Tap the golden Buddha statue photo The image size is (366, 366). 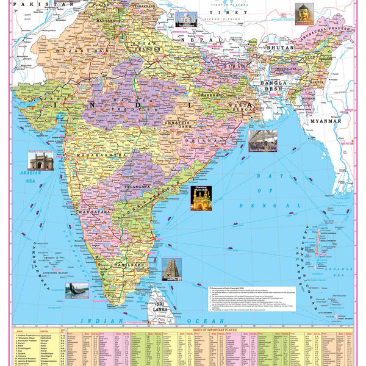[303, 12]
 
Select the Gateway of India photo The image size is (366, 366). [40, 160]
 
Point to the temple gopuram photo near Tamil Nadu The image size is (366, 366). [171, 269]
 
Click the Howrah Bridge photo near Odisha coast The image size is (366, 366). [262, 140]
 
